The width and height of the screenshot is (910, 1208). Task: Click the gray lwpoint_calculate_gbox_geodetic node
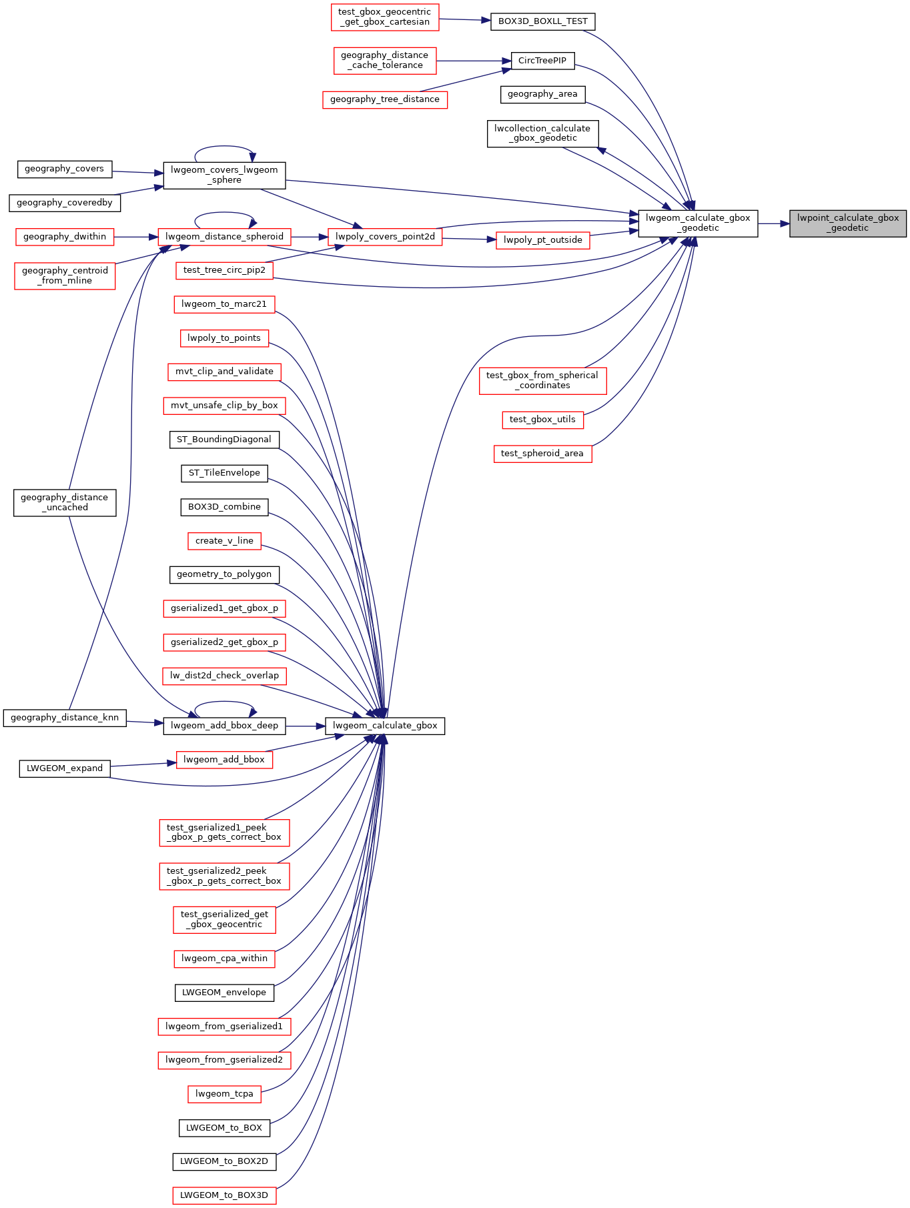pyautogui.click(x=848, y=223)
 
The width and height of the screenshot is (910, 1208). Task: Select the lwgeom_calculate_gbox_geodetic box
pyautogui.click(x=698, y=223)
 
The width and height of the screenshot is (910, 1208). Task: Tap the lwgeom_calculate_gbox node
pyautogui.click(x=385, y=726)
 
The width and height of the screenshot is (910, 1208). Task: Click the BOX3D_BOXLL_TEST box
pyautogui.click(x=542, y=21)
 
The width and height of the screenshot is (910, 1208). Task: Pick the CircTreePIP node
pyautogui.click(x=542, y=61)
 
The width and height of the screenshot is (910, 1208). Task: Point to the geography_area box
pyautogui.click(x=542, y=94)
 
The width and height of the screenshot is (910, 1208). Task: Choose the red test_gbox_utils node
pyautogui.click(x=542, y=420)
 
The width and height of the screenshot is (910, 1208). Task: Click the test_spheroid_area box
pyautogui.click(x=542, y=454)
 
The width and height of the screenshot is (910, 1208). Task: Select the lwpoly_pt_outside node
pyautogui.click(x=543, y=240)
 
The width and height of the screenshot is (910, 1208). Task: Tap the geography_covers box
pyautogui.click(x=64, y=169)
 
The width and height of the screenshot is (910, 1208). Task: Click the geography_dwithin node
pyautogui.click(x=65, y=237)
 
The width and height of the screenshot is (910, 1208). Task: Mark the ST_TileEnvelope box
pyautogui.click(x=224, y=474)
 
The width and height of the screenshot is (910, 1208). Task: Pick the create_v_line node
pyautogui.click(x=224, y=541)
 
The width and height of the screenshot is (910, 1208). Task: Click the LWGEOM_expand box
pyautogui.click(x=65, y=768)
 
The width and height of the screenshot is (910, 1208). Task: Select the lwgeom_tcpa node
pyautogui.click(x=224, y=1094)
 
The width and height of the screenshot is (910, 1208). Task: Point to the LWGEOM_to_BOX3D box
pyautogui.click(x=224, y=1195)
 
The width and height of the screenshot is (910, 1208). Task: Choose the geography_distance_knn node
pyautogui.click(x=65, y=718)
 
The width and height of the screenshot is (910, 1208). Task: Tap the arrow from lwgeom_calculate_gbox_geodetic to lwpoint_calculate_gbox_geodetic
pyautogui.click(x=774, y=223)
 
